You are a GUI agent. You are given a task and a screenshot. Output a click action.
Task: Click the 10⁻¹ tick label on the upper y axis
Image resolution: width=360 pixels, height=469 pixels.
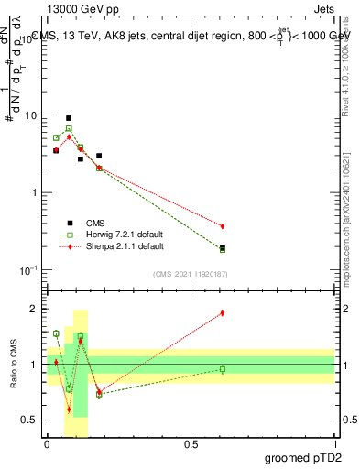(x=30, y=269)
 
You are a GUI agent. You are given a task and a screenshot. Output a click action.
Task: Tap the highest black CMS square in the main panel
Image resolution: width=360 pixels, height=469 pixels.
(x=69, y=118)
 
